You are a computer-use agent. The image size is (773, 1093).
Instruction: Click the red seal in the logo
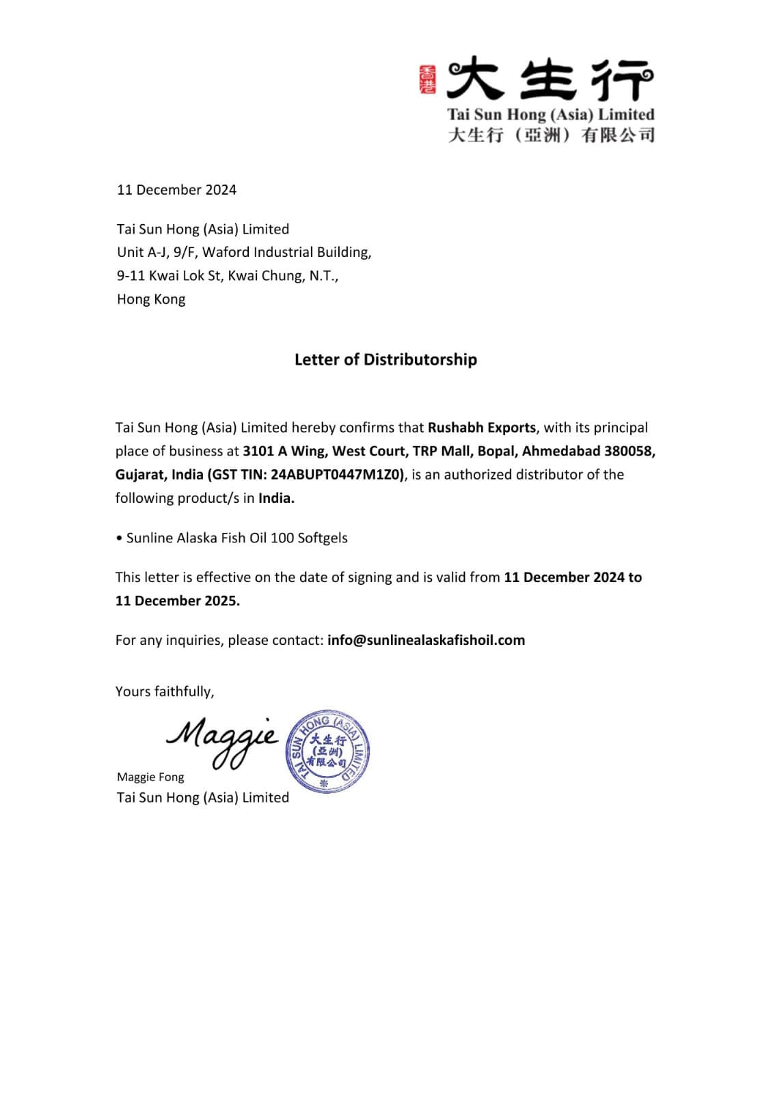[427, 80]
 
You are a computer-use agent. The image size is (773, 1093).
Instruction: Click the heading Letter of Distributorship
[385, 359]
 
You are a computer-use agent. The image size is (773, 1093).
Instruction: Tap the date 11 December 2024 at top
[176, 190]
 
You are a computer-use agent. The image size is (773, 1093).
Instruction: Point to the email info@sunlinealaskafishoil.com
[426, 640]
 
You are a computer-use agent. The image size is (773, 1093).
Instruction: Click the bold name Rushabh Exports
[482, 428]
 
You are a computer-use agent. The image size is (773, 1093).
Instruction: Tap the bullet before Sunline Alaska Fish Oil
[119, 538]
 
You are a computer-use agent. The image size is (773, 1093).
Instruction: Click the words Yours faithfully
[165, 691]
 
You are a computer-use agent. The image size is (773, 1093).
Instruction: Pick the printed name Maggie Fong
[150, 777]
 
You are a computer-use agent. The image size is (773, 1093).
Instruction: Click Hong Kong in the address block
[151, 299]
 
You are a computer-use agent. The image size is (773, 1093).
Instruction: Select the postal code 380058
[629, 451]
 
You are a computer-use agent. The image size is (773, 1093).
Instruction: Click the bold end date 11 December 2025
[177, 600]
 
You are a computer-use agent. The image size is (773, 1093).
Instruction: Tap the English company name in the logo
[550, 114]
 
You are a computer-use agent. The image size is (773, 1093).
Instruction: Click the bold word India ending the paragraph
[276, 498]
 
